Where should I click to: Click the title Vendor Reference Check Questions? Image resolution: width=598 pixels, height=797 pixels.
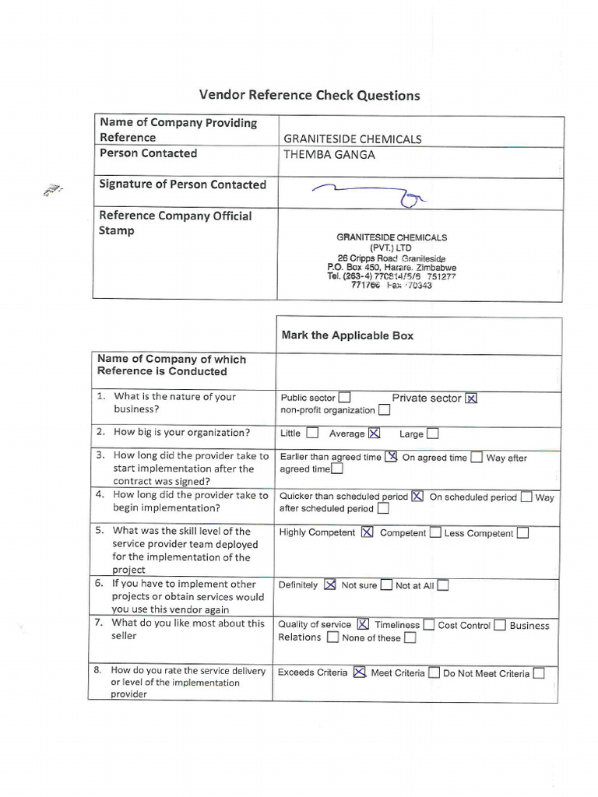pyautogui.click(x=309, y=96)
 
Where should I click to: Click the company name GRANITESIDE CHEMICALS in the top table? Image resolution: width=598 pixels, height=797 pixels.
pyautogui.click(x=352, y=139)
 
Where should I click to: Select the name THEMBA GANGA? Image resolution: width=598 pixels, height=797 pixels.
pyautogui.click(x=329, y=154)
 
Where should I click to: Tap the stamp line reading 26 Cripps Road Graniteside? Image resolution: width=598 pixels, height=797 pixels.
pyautogui.click(x=392, y=258)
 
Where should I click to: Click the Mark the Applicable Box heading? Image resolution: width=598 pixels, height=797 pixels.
pyautogui.click(x=347, y=335)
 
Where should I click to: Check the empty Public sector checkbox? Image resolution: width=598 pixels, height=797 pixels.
pyautogui.click(x=344, y=398)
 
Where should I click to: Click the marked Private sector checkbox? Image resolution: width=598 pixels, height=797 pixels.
pyautogui.click(x=470, y=398)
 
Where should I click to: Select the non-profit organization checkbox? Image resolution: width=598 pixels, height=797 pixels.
pyautogui.click(x=384, y=410)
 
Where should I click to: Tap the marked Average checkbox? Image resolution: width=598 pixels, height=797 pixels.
pyautogui.click(x=375, y=434)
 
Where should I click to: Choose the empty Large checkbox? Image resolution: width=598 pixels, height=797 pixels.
pyautogui.click(x=432, y=434)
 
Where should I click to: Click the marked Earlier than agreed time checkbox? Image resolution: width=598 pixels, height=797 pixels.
pyautogui.click(x=391, y=458)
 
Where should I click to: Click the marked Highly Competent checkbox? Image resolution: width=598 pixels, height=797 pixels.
pyautogui.click(x=366, y=533)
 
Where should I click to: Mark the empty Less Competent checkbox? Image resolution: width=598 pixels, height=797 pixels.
pyautogui.click(x=522, y=533)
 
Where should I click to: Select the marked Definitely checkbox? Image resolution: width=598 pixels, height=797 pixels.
pyautogui.click(x=330, y=585)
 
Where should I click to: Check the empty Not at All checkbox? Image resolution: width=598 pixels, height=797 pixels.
pyautogui.click(x=442, y=585)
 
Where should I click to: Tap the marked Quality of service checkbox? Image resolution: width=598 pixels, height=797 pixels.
pyautogui.click(x=362, y=625)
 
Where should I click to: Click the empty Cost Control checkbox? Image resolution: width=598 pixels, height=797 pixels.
pyautogui.click(x=500, y=625)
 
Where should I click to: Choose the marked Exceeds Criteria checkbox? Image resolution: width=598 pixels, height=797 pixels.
pyautogui.click(x=358, y=673)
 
